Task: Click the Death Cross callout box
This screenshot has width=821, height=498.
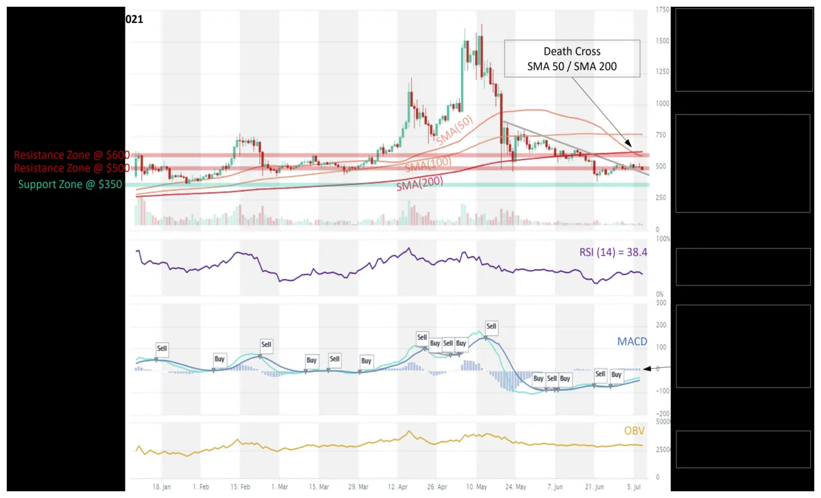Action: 571,59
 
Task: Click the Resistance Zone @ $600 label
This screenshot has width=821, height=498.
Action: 71,155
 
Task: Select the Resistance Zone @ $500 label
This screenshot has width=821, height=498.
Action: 71,168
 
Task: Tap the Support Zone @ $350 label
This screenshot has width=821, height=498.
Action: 70,184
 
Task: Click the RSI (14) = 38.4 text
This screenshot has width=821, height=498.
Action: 612,252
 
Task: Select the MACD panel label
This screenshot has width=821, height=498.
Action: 632,342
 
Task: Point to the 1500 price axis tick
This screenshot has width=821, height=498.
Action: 662,41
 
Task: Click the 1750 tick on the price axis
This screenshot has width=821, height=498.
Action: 662,11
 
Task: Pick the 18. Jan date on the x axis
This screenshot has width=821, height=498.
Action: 162,486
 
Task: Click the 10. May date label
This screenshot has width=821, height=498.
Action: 476,486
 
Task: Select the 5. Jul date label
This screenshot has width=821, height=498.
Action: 635,486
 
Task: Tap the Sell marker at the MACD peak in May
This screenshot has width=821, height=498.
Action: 491,327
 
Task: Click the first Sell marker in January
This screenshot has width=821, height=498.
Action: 162,349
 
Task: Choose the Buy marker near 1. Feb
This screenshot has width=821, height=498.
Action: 219,359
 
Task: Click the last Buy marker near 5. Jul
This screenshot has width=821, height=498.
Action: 616,375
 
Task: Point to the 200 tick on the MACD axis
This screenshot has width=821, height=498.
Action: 662,325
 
